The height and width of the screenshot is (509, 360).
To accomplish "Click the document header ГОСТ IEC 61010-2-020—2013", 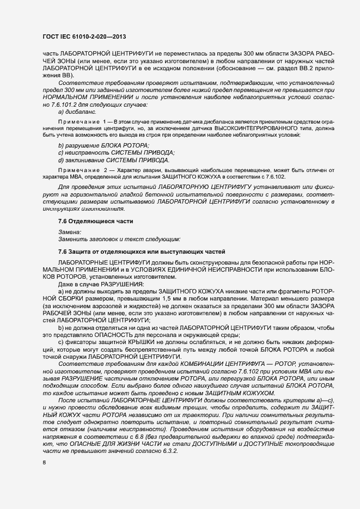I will coord(84,37).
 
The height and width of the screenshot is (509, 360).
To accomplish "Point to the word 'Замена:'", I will coord(70,232).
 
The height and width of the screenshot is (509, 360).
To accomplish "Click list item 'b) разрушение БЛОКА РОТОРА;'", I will coord(103,146).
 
